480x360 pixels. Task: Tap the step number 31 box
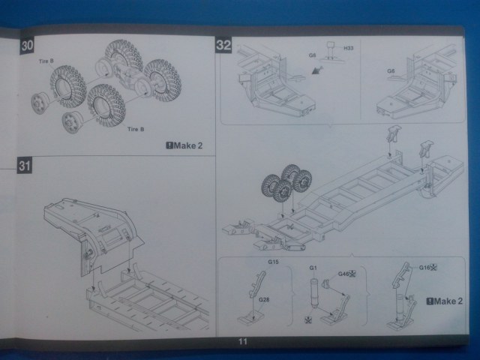[25, 166]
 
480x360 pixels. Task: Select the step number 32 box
[223, 45]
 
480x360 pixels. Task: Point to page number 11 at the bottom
[241, 342]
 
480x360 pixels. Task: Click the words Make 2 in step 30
[188, 145]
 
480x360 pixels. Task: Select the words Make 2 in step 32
[448, 301]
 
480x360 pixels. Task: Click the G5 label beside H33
[312, 55]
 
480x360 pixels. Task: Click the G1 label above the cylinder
[313, 268]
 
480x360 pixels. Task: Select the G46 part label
[346, 275]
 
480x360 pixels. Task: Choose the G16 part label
[427, 267]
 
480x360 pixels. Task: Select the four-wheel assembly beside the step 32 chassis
[286, 182]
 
